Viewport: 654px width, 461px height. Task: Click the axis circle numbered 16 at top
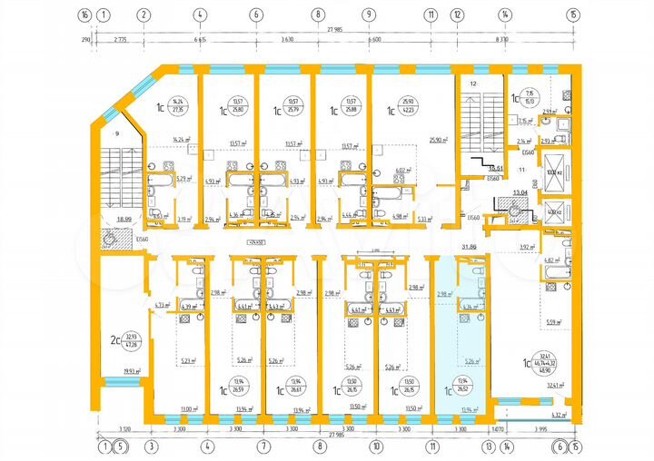[84, 15]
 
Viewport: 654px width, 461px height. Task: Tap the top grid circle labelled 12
[457, 15]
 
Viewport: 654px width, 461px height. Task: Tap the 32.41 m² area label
[555, 385]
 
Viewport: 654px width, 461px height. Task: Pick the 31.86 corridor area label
[470, 246]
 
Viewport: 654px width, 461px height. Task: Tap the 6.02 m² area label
[401, 170]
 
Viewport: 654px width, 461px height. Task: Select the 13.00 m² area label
[189, 408]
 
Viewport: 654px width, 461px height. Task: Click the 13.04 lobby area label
[521, 192]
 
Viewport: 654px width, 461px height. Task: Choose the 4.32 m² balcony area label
[558, 415]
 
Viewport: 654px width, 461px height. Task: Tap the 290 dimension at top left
[84, 41]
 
